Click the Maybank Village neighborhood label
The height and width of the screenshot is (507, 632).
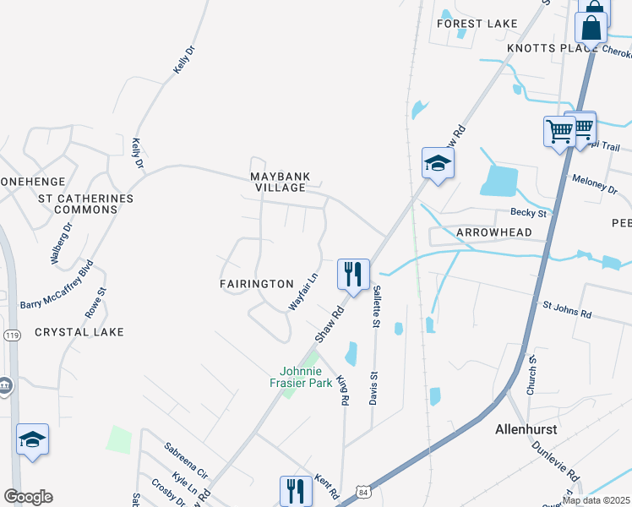click(280, 182)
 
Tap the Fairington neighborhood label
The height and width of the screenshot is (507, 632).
click(256, 285)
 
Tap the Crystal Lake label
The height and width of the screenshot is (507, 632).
click(79, 332)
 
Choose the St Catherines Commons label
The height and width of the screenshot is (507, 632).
click(86, 204)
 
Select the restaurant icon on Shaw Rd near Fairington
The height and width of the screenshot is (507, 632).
click(353, 274)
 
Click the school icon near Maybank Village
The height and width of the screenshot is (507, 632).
click(438, 163)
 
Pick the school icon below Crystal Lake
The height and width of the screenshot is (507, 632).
click(32, 439)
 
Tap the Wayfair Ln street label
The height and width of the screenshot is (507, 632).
click(302, 290)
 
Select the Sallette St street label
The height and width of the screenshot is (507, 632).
click(376, 307)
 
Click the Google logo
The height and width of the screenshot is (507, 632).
click(28, 497)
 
